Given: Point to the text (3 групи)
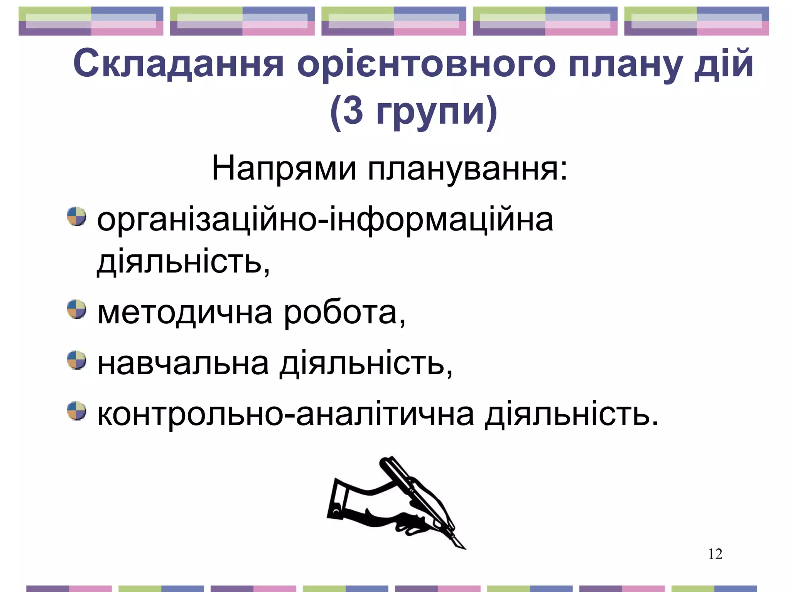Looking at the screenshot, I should (x=414, y=112).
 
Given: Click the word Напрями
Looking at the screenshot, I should (x=284, y=168).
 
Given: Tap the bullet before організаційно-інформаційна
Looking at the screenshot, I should (x=76, y=216).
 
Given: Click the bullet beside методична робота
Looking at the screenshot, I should (x=76, y=309).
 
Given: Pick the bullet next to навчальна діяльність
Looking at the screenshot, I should (x=76, y=360).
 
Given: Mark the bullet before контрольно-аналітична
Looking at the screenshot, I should (x=76, y=411).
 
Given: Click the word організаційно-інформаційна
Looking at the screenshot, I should (x=325, y=220).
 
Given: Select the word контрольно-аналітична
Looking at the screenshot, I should (x=285, y=415).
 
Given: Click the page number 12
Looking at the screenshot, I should (x=715, y=554).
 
